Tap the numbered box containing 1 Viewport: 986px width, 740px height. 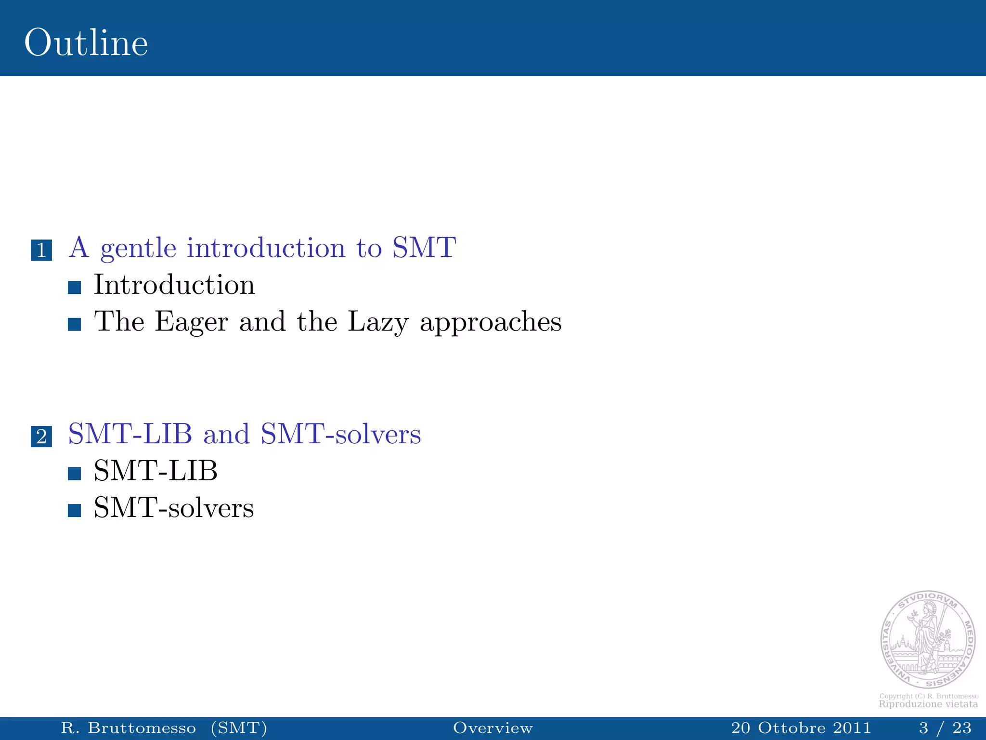pos(41,250)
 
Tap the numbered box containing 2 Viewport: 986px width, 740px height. pos(41,436)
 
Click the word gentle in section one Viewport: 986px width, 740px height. pos(138,249)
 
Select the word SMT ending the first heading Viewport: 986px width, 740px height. pos(424,248)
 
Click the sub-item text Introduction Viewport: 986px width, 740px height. pos(174,285)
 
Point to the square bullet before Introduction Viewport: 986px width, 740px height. pos(74,288)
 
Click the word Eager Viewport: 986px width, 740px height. pos(191,322)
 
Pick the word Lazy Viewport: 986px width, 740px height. pos(378,322)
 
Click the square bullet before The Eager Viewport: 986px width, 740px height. pos(74,324)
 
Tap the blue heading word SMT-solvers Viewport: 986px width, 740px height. pos(340,434)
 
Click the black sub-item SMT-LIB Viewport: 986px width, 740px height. pos(156,471)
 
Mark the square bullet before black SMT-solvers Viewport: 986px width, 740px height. pos(74,511)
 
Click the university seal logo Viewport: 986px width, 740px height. pos(928,639)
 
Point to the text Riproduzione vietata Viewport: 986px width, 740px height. pos(928,704)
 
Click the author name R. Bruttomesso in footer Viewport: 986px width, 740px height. pos(128,727)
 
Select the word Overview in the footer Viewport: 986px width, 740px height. pos(493,727)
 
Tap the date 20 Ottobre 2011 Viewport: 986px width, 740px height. pos(801,727)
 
